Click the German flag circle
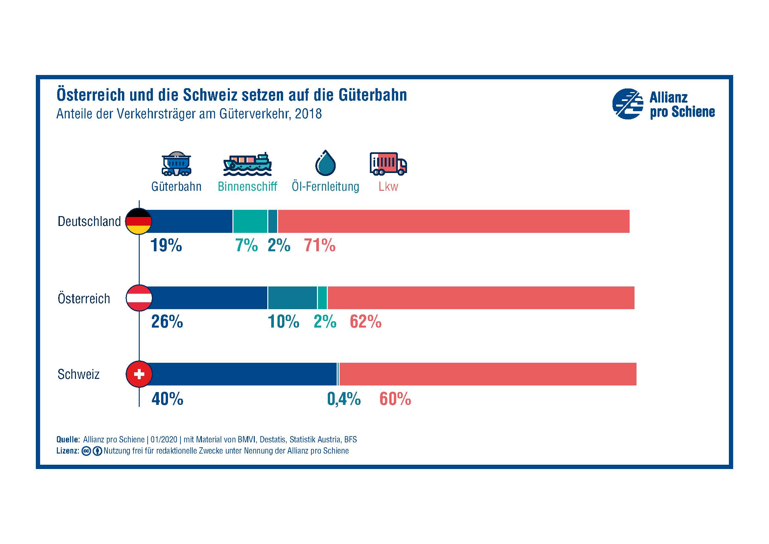139,221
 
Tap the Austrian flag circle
139,298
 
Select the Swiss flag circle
139,374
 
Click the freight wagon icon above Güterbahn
177,164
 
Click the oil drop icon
325,163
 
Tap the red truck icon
388,164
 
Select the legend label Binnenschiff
248,186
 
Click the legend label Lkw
388,186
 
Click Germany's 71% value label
320,246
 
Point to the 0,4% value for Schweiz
344,399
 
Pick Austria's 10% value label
283,322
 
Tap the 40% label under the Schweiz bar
167,399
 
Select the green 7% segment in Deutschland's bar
250,221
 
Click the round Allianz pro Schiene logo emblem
628,104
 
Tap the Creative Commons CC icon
86,451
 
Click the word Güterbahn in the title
373,95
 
